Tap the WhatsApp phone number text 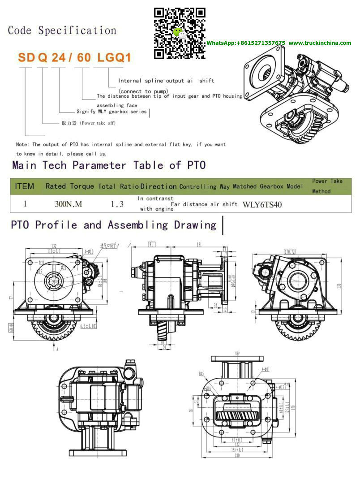[245, 43]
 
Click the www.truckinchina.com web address [320, 43]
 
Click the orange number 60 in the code [85, 58]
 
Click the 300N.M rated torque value [69, 204]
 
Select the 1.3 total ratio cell [117, 204]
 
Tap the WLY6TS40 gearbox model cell [262, 204]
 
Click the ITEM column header [24, 186]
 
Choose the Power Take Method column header [327, 186]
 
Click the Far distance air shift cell [204, 204]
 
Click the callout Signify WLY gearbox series [111, 112]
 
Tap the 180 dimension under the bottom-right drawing [236, 456]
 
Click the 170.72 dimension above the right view [289, 251]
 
